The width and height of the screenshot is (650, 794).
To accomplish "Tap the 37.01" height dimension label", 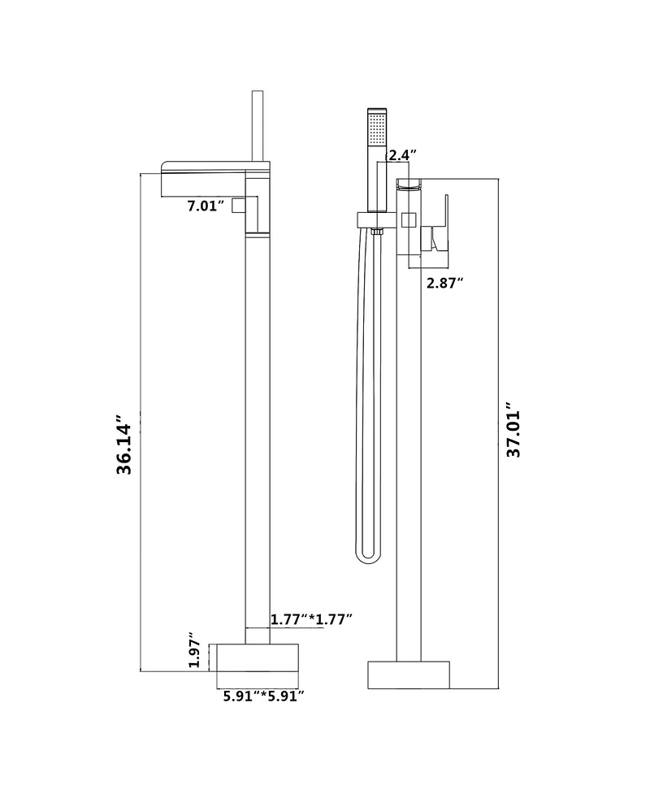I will coord(513,429).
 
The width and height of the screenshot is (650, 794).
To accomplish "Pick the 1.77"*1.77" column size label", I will coord(311,619).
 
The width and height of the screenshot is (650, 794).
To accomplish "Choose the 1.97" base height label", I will coord(194,650).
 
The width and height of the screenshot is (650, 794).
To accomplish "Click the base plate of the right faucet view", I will coord(409,674).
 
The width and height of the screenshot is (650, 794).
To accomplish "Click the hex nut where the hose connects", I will coord(375,233).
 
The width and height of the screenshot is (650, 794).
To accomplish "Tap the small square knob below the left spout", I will coord(238,206).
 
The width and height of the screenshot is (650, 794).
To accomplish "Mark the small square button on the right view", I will coord(408,219).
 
